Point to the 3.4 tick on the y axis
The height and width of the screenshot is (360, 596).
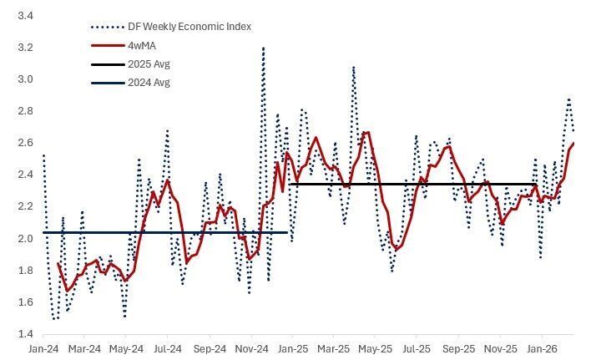25,16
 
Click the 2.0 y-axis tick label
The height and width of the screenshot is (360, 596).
25,239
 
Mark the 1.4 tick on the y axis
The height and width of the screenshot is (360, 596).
25,334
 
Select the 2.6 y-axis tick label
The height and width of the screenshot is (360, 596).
25,143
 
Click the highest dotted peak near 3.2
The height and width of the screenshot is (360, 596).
263,48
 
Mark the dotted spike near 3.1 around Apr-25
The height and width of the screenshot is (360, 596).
353,67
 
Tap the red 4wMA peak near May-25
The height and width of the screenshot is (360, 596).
367,132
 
